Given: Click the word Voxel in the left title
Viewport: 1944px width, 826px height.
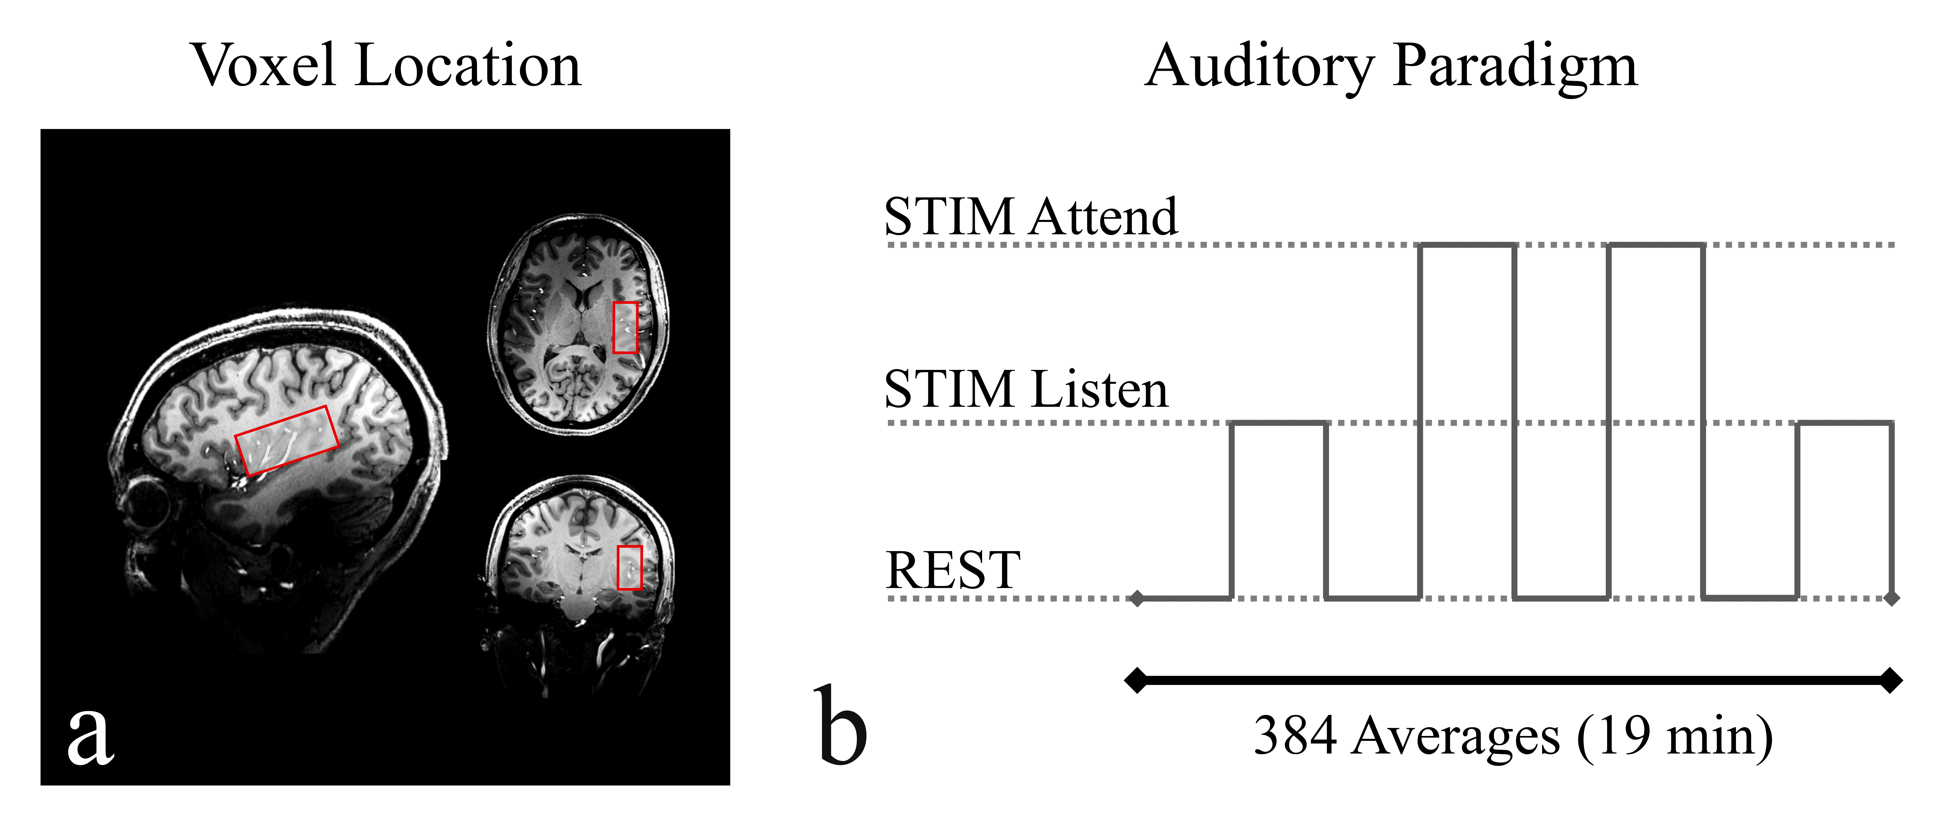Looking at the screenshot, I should coord(264,66).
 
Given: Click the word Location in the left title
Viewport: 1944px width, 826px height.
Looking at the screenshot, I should coord(468,66).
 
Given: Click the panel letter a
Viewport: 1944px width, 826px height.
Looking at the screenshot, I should coord(91,735).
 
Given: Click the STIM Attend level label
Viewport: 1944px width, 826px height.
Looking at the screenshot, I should coord(1030,217).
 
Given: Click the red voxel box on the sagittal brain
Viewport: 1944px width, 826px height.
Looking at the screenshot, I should coord(287,441).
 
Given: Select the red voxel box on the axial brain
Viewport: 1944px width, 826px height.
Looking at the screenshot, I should coord(625,327).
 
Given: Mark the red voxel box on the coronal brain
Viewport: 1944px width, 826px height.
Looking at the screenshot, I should coord(629,567).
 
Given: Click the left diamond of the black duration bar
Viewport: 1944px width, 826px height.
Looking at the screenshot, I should coord(1136,680).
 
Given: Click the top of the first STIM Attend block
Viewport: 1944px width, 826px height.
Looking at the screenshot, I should coord(1467,245).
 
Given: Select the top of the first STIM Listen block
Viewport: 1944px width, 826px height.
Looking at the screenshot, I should coord(1278,423).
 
